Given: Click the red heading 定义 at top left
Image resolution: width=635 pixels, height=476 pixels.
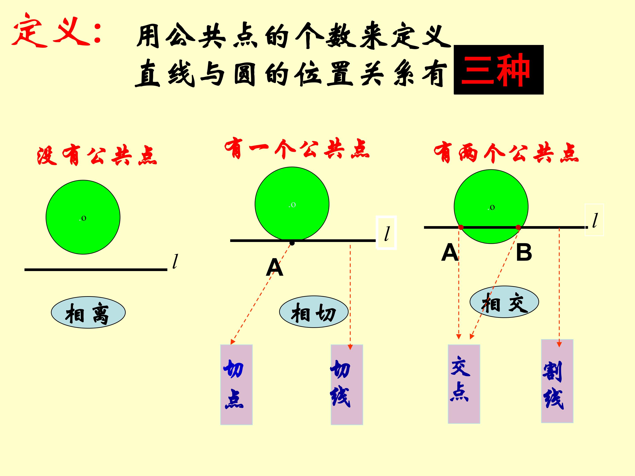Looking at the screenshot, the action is [56, 30].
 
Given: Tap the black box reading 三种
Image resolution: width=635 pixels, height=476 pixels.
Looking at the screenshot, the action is [499, 70].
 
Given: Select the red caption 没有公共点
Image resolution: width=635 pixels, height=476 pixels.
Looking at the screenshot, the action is [97, 156].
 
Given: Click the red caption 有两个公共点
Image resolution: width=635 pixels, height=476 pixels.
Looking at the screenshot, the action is [506, 153].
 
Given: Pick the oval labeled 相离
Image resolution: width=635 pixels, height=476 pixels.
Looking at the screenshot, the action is [88, 312].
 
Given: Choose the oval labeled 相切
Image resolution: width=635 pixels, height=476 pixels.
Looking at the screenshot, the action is [314, 312].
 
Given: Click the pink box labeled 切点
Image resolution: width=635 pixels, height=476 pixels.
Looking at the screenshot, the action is [236, 385].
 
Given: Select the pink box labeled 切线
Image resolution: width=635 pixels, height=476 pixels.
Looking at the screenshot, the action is [347, 385].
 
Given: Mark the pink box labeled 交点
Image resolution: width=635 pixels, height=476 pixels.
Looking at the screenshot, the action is [464, 384].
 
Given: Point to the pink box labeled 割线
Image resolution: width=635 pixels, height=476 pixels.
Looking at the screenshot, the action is [557, 381].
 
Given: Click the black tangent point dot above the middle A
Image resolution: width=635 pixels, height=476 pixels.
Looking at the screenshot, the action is [292, 243].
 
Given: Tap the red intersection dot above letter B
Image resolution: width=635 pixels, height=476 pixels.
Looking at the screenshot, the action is [518, 227].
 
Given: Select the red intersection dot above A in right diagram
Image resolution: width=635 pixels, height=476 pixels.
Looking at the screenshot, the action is [461, 227].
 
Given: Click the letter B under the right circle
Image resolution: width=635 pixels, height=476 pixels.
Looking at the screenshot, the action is [524, 253].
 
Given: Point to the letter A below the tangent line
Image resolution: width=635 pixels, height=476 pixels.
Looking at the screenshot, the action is [275, 267].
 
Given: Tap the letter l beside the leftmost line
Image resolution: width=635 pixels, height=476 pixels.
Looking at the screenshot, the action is [175, 261].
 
